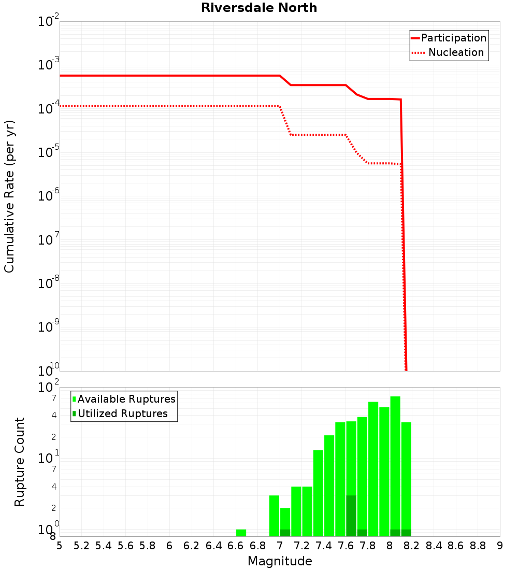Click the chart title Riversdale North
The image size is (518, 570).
click(x=259, y=8)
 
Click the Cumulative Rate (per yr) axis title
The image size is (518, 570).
click(x=10, y=196)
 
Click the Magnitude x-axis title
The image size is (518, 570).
click(x=280, y=561)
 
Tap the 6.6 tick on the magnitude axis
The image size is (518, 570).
click(x=236, y=546)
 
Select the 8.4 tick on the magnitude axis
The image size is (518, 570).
click(x=434, y=546)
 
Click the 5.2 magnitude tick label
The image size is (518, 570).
click(x=81, y=546)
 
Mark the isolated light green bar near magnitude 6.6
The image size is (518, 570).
click(x=241, y=533)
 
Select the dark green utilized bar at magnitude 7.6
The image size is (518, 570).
click(x=351, y=516)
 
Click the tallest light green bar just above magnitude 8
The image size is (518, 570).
click(x=395, y=466)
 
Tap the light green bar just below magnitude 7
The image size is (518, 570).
click(x=274, y=516)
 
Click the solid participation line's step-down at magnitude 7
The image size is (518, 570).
click(x=285, y=80)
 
